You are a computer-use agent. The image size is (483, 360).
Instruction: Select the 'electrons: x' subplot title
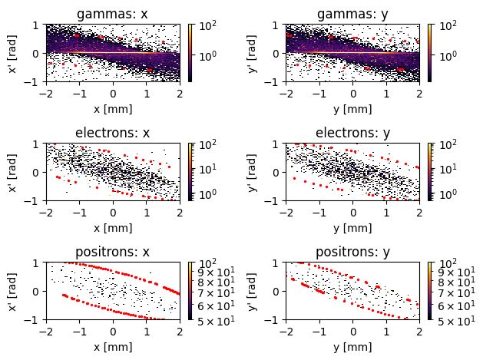(112, 133)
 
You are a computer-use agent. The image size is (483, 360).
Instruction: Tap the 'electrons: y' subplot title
(352, 133)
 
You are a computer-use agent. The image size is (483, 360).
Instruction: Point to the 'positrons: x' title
(112, 252)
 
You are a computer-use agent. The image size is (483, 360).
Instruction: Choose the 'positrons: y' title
(352, 252)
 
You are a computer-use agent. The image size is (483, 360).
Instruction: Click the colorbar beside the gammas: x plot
(190, 52)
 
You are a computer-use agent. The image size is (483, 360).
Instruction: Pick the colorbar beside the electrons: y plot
(430, 171)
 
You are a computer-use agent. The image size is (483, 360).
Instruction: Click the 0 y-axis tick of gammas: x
(37, 53)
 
